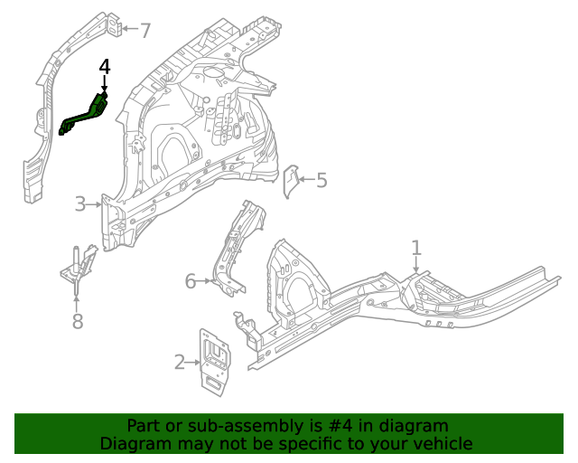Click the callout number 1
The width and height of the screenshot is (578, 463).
pyautogui.click(x=416, y=247)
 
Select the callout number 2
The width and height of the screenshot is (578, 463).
pyautogui.click(x=180, y=364)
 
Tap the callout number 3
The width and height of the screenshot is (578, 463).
pyautogui.click(x=80, y=204)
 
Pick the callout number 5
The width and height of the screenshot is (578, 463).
pyautogui.click(x=322, y=180)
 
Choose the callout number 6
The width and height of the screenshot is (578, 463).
pyautogui.click(x=191, y=281)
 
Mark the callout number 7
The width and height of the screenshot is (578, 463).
pyautogui.click(x=144, y=31)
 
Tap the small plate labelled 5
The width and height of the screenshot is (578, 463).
pyautogui.click(x=292, y=181)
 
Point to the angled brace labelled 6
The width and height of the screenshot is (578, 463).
pyautogui.click(x=237, y=249)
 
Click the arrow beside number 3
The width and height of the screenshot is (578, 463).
pyautogui.click(x=95, y=205)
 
